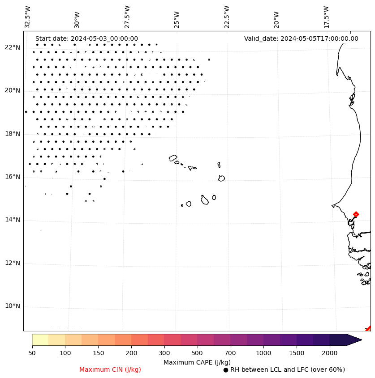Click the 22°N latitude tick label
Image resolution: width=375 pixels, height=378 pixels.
coord(13,47)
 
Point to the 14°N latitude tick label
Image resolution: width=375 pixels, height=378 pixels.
coord(13,220)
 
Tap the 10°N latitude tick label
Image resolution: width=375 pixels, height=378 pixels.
coord(13,306)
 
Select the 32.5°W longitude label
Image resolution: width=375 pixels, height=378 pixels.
coord(28,17)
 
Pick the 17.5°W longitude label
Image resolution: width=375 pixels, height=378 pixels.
coord(326,17)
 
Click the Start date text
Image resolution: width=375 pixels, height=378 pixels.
coord(86,38)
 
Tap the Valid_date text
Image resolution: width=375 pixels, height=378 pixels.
coord(301,38)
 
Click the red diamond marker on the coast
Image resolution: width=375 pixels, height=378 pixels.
coord(356,214)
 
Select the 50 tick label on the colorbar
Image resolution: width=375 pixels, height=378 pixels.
coord(32,353)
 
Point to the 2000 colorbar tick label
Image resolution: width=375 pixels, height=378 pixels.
coord(330,353)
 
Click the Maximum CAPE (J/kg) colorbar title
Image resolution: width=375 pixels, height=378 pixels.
coord(197,362)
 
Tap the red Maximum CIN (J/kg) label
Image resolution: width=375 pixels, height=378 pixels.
coord(110,370)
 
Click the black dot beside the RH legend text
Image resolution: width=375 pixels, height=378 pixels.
coord(226,370)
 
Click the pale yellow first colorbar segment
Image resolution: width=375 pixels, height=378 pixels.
coord(40,340)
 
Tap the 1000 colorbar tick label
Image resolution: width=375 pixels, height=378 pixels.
coord(263,353)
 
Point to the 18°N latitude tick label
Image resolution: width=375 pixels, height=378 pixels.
coord(13,133)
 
